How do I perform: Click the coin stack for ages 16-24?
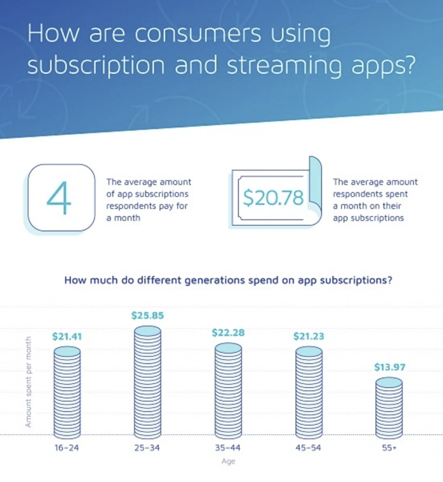tap(67, 392)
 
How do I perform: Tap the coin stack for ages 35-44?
tap(228, 390)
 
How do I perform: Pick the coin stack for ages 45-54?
tap(309, 392)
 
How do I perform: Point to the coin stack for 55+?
tap(389, 408)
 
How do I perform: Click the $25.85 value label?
tap(147, 315)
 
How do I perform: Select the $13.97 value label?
tap(389, 367)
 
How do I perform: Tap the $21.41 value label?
tap(67, 337)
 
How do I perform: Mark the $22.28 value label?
tap(228, 333)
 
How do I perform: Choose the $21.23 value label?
tap(309, 337)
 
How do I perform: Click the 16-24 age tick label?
tap(67, 448)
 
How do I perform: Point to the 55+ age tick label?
tap(389, 448)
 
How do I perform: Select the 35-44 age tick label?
tap(228, 448)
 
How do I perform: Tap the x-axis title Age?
tap(228, 462)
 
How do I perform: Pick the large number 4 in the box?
tap(61, 197)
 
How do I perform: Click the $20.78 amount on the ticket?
tap(273, 198)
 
